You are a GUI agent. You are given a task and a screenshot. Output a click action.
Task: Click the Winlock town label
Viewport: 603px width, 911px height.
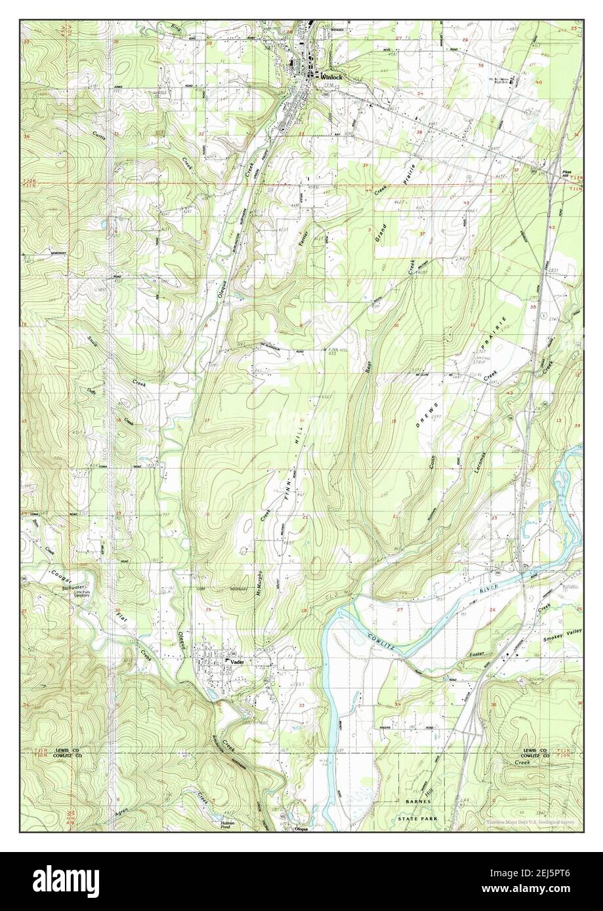[332, 76]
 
